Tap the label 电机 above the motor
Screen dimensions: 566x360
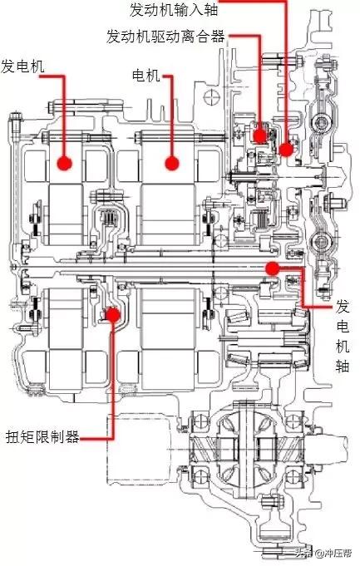[x=145, y=76]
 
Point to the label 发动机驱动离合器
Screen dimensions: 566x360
[x=166, y=37]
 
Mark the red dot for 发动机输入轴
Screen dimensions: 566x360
[x=287, y=150]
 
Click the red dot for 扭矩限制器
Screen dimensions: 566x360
[x=112, y=313]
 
